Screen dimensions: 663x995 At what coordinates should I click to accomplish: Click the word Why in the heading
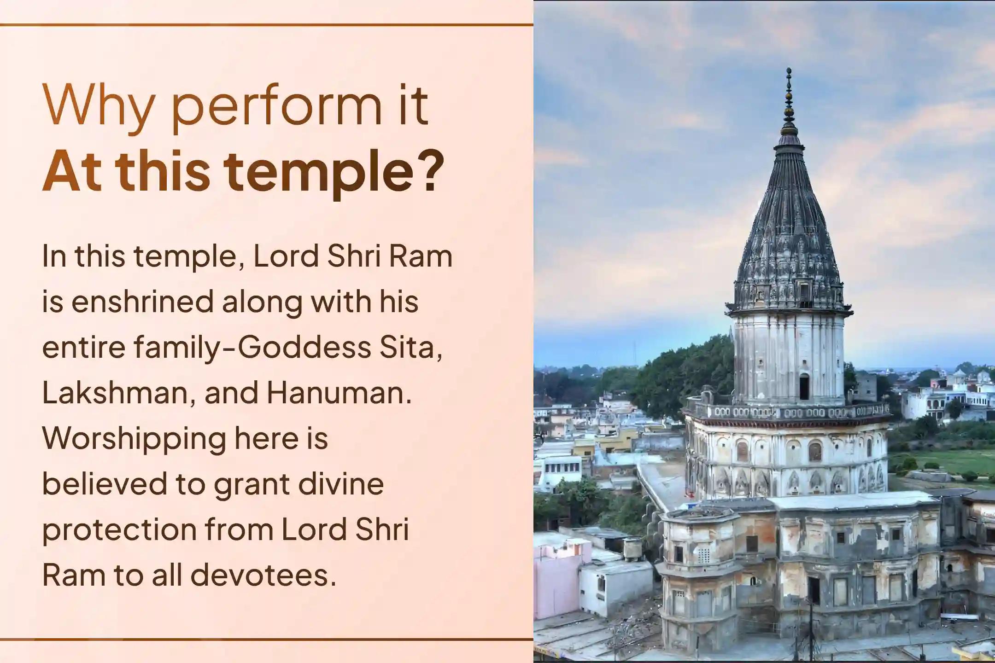[x=97, y=106]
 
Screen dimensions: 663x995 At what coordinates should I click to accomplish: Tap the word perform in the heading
[x=276, y=108]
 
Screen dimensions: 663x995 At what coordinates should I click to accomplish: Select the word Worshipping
[x=134, y=440]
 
